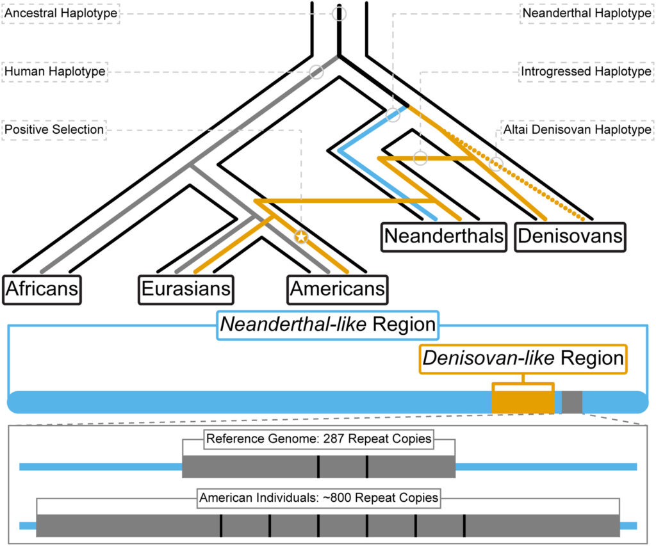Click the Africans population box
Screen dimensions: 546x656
[x=42, y=289]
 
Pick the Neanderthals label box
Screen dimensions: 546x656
[x=443, y=236]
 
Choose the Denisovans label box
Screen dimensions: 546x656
[x=570, y=236]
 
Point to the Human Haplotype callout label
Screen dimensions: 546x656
[x=54, y=72]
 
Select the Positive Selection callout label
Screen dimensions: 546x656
[x=54, y=130]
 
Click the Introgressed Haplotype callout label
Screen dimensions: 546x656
[x=586, y=72]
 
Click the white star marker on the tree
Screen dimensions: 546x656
[x=301, y=237]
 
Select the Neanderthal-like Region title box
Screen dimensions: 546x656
[x=327, y=325]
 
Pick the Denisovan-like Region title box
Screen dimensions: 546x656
[x=523, y=358]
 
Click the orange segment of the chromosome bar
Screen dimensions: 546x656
[x=522, y=401]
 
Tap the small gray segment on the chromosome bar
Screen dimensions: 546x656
[x=572, y=401]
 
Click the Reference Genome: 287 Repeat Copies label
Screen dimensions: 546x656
[x=318, y=440]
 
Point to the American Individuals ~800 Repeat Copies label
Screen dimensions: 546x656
[x=318, y=497]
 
